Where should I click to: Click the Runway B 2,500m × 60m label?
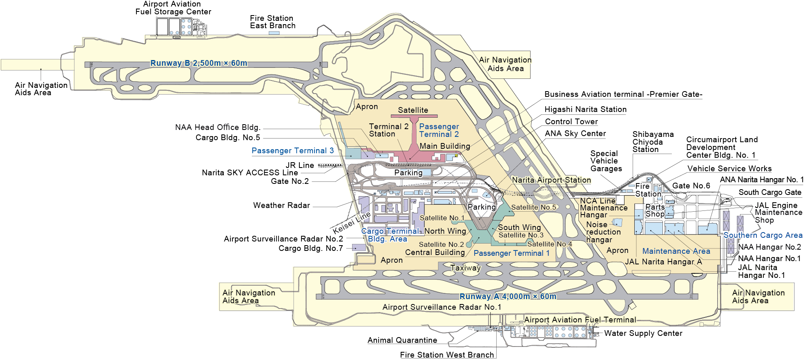coord(198,63)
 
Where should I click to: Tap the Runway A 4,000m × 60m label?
coord(508,296)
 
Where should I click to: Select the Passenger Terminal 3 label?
coord(292,151)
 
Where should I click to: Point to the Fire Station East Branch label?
coord(272,22)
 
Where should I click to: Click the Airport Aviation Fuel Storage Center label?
coord(173,8)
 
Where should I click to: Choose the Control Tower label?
coord(571,122)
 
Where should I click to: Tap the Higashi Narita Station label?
coord(585,110)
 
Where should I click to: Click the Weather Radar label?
coord(281,206)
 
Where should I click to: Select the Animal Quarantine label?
coord(402,340)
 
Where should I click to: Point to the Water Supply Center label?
coord(643,333)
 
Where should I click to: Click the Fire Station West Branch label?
coord(447,355)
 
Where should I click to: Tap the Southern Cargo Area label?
coord(763,235)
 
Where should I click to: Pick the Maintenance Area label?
coord(676,251)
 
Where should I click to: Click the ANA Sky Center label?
coord(575,134)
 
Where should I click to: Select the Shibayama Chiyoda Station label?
coord(653,142)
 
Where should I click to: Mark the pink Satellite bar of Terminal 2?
coord(413,116)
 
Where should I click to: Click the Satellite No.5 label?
coord(533,208)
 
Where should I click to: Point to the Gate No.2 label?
coord(290,181)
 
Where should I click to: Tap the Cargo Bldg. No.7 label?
coord(310,248)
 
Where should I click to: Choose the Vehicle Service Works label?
coord(729,169)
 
